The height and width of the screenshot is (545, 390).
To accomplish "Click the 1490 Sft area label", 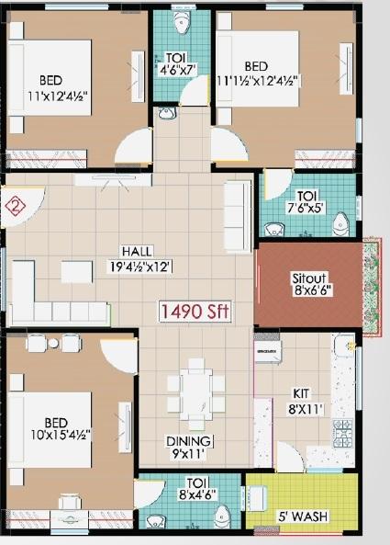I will pyautogui.click(x=195, y=311).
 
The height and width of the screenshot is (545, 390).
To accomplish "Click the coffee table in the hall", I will pyautogui.click(x=76, y=271).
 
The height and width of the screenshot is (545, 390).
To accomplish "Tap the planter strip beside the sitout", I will pyautogui.click(x=371, y=288).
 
